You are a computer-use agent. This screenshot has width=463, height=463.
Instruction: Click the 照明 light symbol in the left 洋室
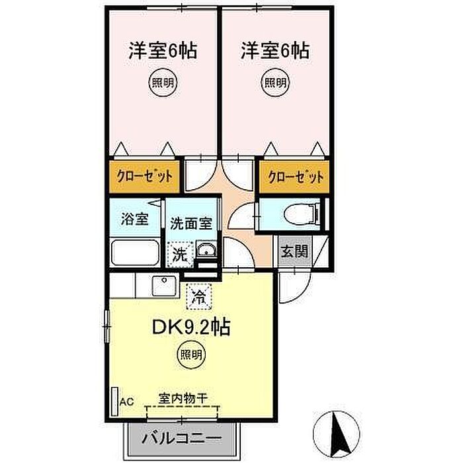[x=163, y=83]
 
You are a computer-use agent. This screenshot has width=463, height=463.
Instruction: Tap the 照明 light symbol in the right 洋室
[x=275, y=83]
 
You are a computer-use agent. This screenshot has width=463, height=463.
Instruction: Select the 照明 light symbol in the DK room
[x=191, y=355]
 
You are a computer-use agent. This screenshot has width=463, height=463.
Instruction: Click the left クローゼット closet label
[x=145, y=177]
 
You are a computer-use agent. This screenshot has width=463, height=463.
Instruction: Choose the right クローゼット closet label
[x=296, y=177]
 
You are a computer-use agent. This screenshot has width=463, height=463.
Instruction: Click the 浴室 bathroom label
[x=135, y=219]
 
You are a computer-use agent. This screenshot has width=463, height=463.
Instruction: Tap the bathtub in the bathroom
[x=135, y=253]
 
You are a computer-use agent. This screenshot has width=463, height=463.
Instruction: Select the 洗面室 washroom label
[x=191, y=224]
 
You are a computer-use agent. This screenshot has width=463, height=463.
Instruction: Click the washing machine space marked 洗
[x=181, y=254]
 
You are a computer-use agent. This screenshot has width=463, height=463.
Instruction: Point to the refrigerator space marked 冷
[x=199, y=296]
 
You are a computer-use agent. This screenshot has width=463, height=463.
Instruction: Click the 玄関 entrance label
[x=294, y=251]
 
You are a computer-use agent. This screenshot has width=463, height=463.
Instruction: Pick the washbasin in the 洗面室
[x=206, y=249]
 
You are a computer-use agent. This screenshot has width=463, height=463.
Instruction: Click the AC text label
[x=127, y=401]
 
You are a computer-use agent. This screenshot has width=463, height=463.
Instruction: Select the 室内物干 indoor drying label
[x=183, y=399]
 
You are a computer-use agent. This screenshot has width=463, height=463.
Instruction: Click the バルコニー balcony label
[x=181, y=439]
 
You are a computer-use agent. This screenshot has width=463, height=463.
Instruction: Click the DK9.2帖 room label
[x=191, y=327]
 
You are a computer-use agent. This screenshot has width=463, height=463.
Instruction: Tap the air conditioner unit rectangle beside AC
[x=114, y=401]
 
